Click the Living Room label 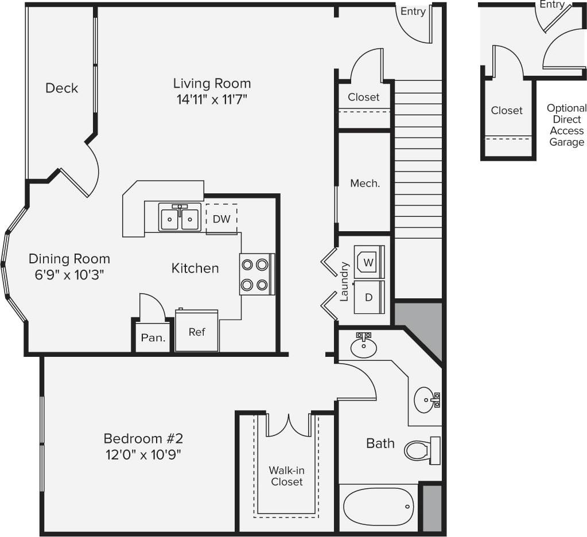click(x=212, y=83)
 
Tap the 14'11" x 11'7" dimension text click(x=212, y=100)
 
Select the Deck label click(x=61, y=88)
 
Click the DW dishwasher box click(x=221, y=219)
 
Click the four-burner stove click(x=255, y=274)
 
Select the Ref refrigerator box click(x=197, y=331)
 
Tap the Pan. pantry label click(x=153, y=338)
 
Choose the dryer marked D click(x=368, y=297)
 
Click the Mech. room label click(x=365, y=184)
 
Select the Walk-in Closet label click(x=286, y=476)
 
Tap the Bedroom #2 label click(x=143, y=439)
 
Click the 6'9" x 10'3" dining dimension click(x=69, y=275)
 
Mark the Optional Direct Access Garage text click(x=566, y=125)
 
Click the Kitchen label click(x=195, y=268)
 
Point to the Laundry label click(x=344, y=282)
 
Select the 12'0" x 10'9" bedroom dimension click(x=143, y=455)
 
